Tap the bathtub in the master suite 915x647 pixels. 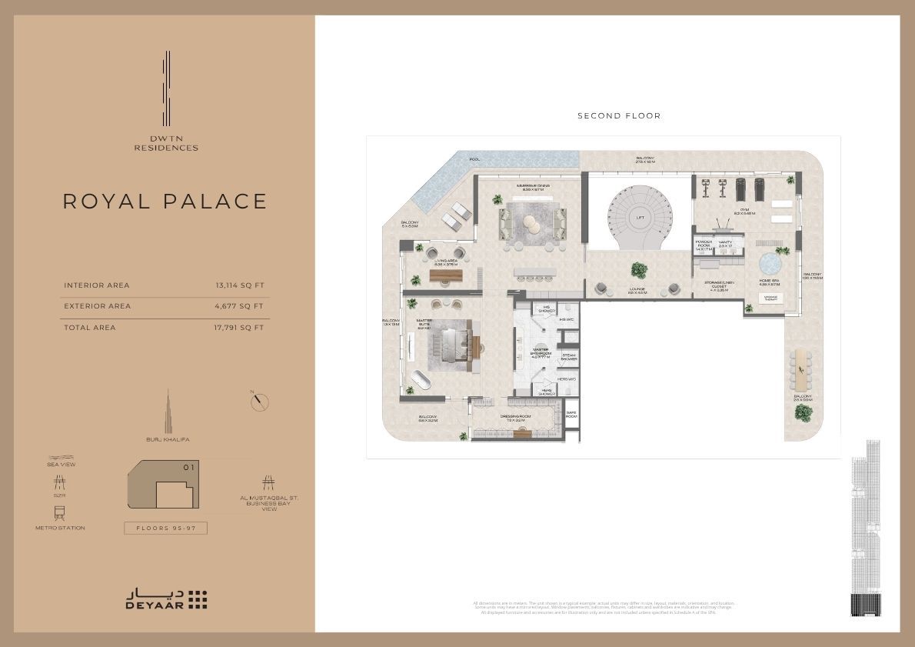pos(422,379)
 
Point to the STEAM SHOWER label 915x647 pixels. pos(569,357)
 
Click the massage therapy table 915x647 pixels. pos(770,298)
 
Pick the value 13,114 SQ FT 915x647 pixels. pos(240,285)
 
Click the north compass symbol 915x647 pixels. pos(261,402)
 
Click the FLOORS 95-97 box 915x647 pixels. pos(166,528)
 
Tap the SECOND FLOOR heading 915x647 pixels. pos(619,116)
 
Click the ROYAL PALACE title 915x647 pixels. pos(165,202)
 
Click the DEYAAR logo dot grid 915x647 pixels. pos(198,599)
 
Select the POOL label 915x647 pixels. pos(474,160)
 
